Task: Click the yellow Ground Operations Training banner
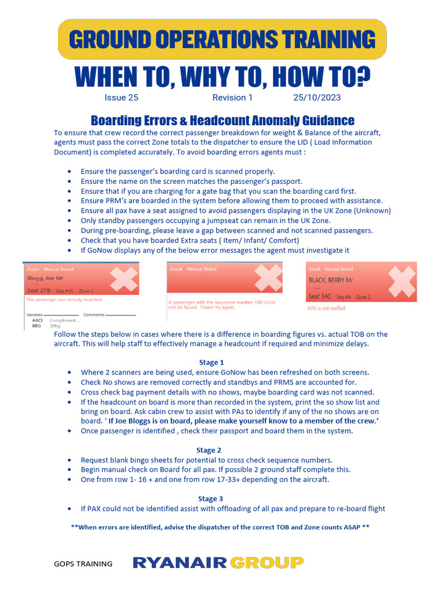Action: (x=222, y=39)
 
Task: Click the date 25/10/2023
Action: (x=316, y=97)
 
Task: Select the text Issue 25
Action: (x=121, y=97)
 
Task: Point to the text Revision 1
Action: (x=232, y=97)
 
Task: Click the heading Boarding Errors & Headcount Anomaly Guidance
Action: (x=222, y=121)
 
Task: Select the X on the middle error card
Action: (x=267, y=277)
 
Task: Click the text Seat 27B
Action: (x=39, y=290)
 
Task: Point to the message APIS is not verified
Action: (x=326, y=309)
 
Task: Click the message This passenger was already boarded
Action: (x=64, y=299)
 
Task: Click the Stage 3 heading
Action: (x=211, y=499)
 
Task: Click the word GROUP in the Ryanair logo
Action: (x=267, y=562)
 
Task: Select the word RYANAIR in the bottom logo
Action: (x=180, y=562)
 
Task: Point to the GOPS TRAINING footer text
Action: (x=83, y=563)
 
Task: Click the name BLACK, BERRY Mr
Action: (x=331, y=280)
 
